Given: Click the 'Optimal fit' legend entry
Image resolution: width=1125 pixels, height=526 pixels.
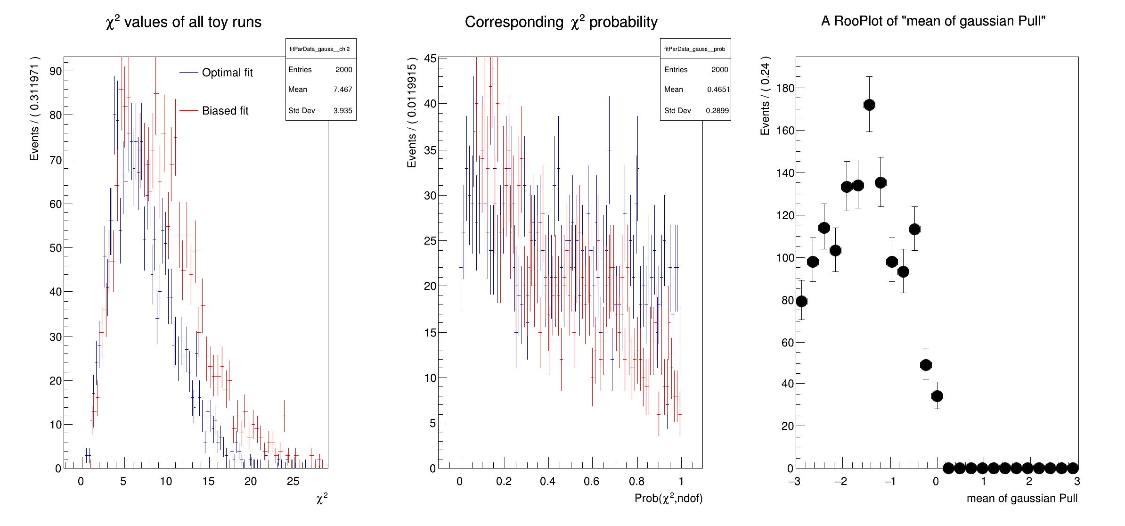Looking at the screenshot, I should (x=227, y=73).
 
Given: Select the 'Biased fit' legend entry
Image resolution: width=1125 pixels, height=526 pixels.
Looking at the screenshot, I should (x=225, y=111).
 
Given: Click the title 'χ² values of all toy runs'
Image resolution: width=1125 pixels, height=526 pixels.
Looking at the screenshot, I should (x=183, y=22).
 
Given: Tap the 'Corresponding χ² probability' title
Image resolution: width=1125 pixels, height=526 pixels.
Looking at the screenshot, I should (x=561, y=22).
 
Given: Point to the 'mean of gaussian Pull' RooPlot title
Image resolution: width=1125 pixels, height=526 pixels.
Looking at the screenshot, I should (x=933, y=21).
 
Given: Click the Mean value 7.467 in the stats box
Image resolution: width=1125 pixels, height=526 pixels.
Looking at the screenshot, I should (x=342, y=90).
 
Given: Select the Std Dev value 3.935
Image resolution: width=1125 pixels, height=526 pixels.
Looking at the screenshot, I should (x=342, y=111).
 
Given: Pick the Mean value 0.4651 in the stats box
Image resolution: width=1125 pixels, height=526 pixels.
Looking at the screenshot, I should (x=718, y=90).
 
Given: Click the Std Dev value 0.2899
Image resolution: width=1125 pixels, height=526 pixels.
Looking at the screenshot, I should (x=717, y=111).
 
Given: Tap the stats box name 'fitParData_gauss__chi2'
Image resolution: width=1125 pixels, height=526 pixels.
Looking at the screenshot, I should (x=319, y=49).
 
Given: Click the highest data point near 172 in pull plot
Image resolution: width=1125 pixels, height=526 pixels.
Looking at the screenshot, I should (x=869, y=105).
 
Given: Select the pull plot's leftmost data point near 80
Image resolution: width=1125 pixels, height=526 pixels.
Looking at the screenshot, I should (x=801, y=301).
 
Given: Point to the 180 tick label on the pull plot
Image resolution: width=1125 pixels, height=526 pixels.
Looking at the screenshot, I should (x=785, y=88).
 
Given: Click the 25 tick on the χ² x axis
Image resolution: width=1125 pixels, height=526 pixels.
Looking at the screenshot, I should (x=293, y=481).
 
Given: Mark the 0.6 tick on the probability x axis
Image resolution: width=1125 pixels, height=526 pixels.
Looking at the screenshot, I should (x=591, y=481).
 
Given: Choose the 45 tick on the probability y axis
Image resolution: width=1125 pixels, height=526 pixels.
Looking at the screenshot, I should (x=430, y=58).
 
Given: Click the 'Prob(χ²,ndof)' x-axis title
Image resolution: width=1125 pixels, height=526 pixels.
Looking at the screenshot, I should (x=668, y=499).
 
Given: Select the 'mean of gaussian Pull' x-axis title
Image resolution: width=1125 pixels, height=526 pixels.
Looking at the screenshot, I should (x=1022, y=499).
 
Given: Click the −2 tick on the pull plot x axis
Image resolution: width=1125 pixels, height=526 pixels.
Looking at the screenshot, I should (x=841, y=481).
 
